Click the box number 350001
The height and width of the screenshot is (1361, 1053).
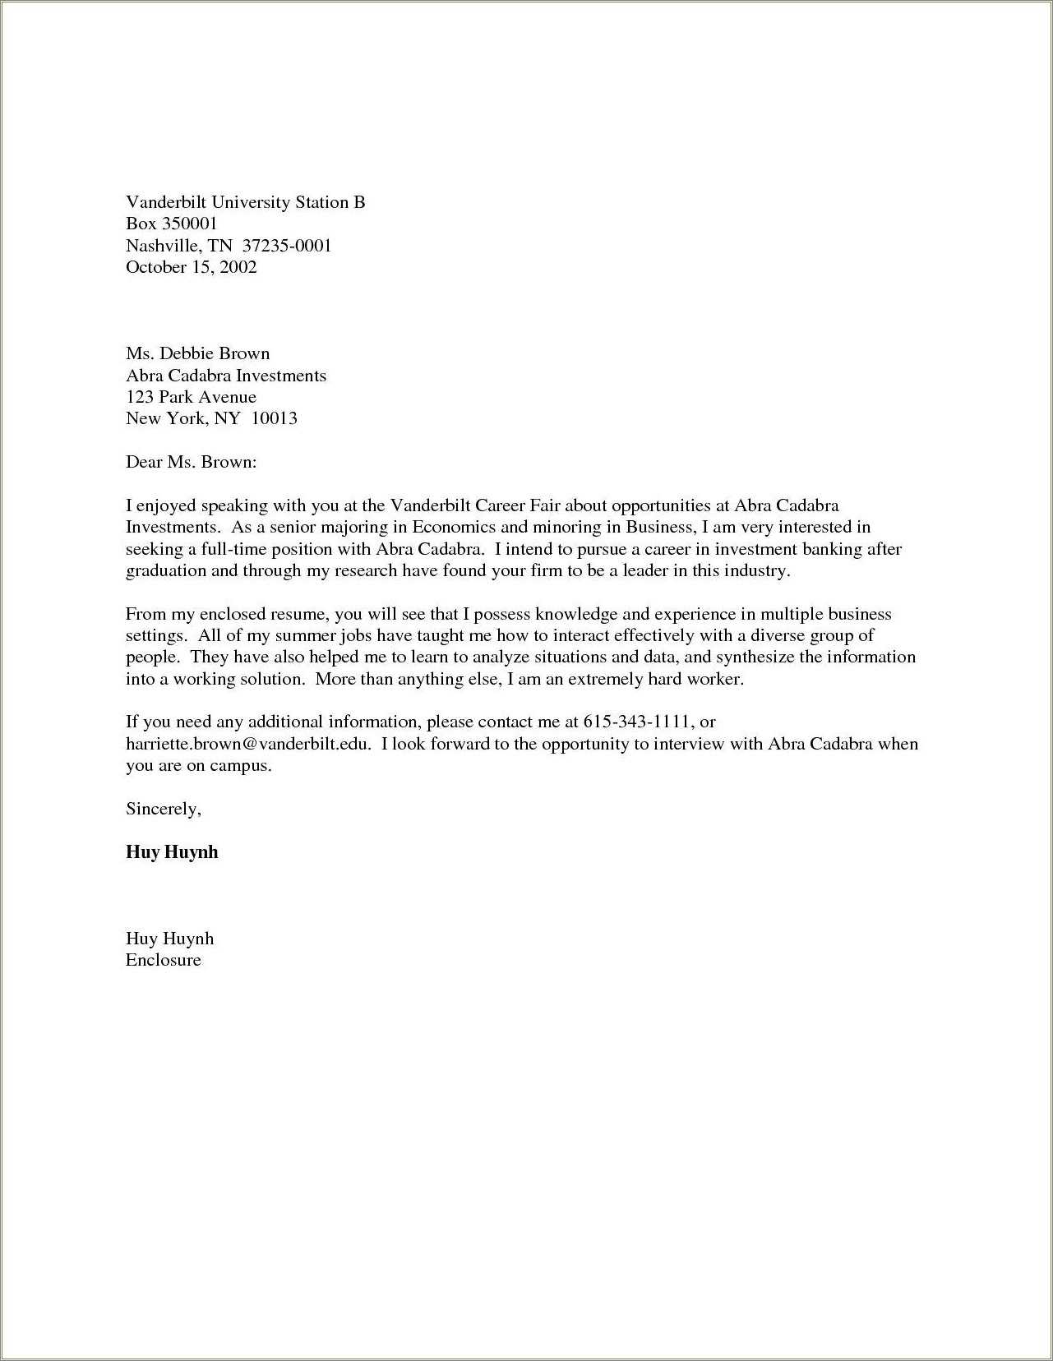pyautogui.click(x=188, y=224)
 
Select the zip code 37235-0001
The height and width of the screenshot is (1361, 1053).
pyautogui.click(x=287, y=245)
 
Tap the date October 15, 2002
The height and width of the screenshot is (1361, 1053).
pyautogui.click(x=191, y=266)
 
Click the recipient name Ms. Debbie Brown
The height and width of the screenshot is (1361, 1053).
pyautogui.click(x=197, y=353)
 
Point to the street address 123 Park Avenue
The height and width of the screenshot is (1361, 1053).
pyautogui.click(x=191, y=397)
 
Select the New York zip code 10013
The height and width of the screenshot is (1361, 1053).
pyautogui.click(x=274, y=418)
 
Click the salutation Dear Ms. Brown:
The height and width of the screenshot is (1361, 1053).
pyautogui.click(x=191, y=462)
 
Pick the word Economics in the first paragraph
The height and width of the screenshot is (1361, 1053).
pyautogui.click(x=454, y=527)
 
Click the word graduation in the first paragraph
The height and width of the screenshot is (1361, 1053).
pyautogui.click(x=166, y=570)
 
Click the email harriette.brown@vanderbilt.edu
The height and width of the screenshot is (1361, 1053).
pyautogui.click(x=248, y=744)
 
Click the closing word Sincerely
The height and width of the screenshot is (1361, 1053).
pyautogui.click(x=163, y=809)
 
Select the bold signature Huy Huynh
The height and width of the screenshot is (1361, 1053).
pyautogui.click(x=172, y=851)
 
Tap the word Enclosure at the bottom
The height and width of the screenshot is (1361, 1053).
pyautogui.click(x=163, y=960)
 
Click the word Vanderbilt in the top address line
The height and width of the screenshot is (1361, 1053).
pyautogui.click(x=166, y=202)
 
